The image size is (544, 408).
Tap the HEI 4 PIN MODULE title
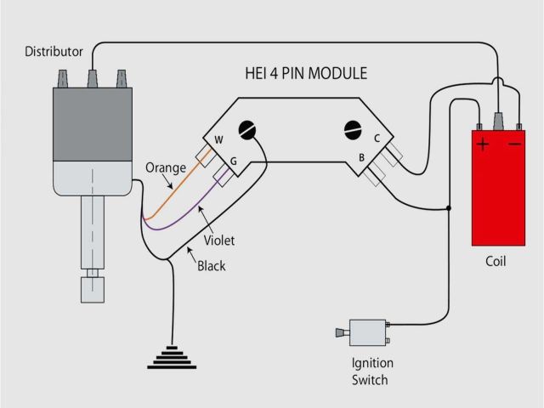tap(306, 73)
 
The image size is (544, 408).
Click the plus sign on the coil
tap(483, 144)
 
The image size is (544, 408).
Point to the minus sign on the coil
tap(515, 144)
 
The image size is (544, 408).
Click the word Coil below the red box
tap(495, 261)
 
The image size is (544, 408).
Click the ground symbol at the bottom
tap(172, 358)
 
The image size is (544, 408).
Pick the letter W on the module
tap(218, 139)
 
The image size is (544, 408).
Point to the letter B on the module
tap(361, 157)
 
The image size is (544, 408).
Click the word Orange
tap(165, 167)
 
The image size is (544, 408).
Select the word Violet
tap(218, 241)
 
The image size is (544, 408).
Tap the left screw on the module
tap(247, 130)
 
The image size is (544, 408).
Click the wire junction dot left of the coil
tap(449, 207)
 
